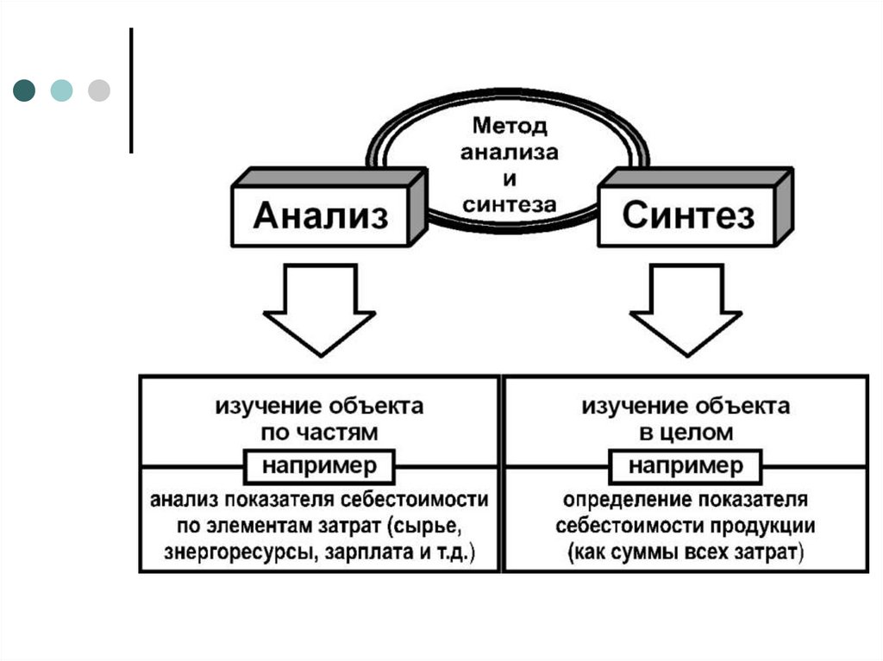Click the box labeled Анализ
(320, 215)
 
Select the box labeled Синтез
(687, 215)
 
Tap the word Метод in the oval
(509, 128)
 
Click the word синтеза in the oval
(509, 204)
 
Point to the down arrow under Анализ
(319, 310)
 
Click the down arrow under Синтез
(686, 310)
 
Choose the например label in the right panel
(686, 467)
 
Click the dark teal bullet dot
(24, 90)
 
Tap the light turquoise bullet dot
(61, 90)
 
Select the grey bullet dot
(99, 90)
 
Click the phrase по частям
(319, 431)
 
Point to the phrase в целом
(686, 431)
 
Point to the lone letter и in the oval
(509, 179)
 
